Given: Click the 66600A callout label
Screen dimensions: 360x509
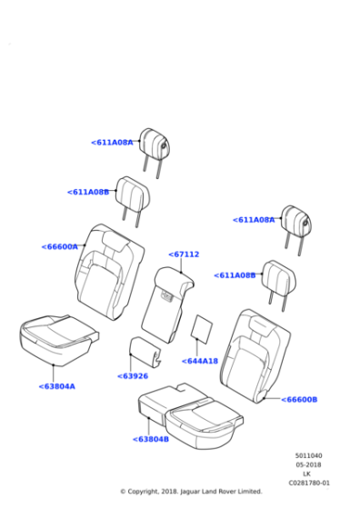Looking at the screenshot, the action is pyautogui.click(x=60, y=246).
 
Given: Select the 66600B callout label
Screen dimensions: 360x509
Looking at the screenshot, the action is pyautogui.click(x=299, y=400).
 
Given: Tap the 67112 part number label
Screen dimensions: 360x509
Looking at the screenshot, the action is pyautogui.click(x=184, y=254).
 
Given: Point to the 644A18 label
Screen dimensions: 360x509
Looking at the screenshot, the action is pyautogui.click(x=200, y=361).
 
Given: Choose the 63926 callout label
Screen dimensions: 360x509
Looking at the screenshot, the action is pyautogui.click(x=133, y=376).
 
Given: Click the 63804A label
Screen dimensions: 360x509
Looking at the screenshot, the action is pyautogui.click(x=56, y=386).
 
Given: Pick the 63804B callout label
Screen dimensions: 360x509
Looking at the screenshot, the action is pyautogui.click(x=151, y=439).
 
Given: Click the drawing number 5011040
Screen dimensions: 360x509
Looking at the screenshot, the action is pyautogui.click(x=308, y=455).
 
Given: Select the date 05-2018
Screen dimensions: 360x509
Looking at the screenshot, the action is pyautogui.click(x=308, y=464).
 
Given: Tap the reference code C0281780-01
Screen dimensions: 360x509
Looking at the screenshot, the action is pyautogui.click(x=309, y=483).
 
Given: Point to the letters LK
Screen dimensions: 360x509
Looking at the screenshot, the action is pyautogui.click(x=306, y=474).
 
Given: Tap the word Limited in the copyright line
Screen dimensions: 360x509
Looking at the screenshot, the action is pyautogui.click(x=250, y=492).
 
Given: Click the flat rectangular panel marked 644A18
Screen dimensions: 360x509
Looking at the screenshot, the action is pyautogui.click(x=202, y=328).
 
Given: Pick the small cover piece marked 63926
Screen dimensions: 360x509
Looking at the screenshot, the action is pyautogui.click(x=144, y=351).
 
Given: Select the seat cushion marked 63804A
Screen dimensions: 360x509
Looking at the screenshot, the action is pyautogui.click(x=58, y=340).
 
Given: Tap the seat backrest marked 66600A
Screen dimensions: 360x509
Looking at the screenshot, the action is pyautogui.click(x=109, y=272).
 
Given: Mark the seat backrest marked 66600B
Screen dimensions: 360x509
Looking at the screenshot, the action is pyautogui.click(x=255, y=356).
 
